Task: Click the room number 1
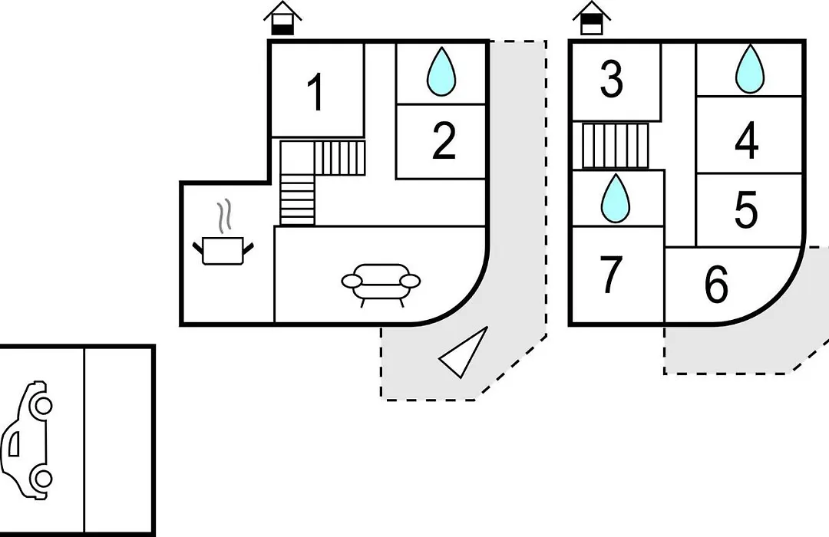coord(316,93)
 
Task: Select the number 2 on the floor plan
coord(443,140)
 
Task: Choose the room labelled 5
coord(746,210)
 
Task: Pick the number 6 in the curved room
coord(716,285)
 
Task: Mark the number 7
coord(611,274)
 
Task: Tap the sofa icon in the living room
coord(381,285)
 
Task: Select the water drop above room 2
coord(441,72)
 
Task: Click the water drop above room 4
coord(750,69)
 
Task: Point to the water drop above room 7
coord(616,199)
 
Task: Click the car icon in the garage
coord(26,440)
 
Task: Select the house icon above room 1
coord(282,18)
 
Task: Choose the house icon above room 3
coord(592,18)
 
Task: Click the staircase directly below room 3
coord(615,145)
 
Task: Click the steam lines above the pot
coord(225,216)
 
